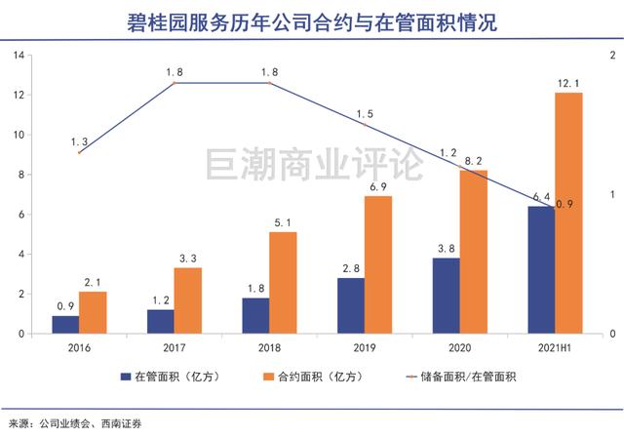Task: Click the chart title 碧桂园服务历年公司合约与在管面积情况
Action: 312,22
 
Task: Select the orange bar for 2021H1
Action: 567,213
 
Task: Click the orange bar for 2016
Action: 93,312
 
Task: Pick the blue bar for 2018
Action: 256,315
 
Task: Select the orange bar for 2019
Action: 378,264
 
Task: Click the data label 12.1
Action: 567,82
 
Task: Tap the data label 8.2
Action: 473,159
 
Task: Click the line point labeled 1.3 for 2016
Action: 79,152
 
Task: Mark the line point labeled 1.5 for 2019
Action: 365,125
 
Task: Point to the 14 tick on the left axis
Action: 19,56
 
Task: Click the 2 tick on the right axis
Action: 611,56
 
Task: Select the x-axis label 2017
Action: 174,346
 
